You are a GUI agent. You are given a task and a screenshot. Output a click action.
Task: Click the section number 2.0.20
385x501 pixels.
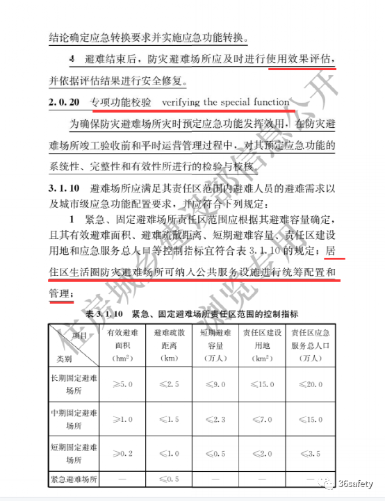point(65,103)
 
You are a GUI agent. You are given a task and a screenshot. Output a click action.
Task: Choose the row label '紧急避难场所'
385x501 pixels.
point(74,479)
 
